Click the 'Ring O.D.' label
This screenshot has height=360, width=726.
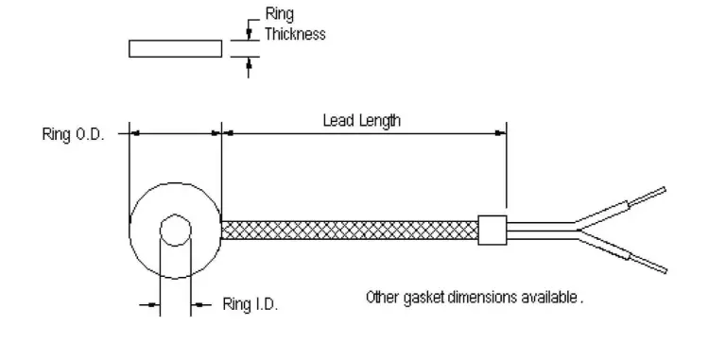[73, 135]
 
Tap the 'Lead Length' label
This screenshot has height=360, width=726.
[362, 121]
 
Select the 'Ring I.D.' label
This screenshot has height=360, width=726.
[250, 304]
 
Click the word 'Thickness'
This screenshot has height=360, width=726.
[295, 34]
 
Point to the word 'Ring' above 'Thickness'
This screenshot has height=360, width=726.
[279, 14]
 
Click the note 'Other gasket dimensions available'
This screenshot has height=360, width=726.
[475, 297]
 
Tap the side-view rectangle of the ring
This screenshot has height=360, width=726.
[176, 48]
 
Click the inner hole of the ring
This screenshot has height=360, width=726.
[176, 230]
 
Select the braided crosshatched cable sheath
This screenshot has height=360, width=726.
[350, 230]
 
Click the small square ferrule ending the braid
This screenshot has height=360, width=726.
[493, 230]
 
